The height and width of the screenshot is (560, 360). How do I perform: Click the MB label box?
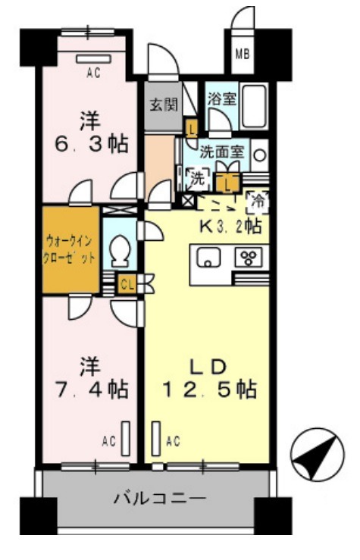(x=242, y=53)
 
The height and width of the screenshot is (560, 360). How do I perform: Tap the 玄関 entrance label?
(x=158, y=105)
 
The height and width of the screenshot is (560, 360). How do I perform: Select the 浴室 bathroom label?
(x=220, y=99)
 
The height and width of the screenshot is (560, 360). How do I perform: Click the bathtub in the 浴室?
(x=255, y=106)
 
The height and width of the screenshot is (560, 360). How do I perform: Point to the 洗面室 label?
(x=221, y=151)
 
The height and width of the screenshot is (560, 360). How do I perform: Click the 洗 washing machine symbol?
(x=196, y=180)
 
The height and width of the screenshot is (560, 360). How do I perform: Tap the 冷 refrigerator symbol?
(x=258, y=201)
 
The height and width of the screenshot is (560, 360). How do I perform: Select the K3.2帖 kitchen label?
(x=230, y=226)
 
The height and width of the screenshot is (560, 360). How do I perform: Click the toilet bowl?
(x=119, y=251)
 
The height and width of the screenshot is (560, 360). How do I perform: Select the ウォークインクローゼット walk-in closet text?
(x=70, y=249)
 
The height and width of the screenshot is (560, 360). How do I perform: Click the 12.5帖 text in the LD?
(x=210, y=390)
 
